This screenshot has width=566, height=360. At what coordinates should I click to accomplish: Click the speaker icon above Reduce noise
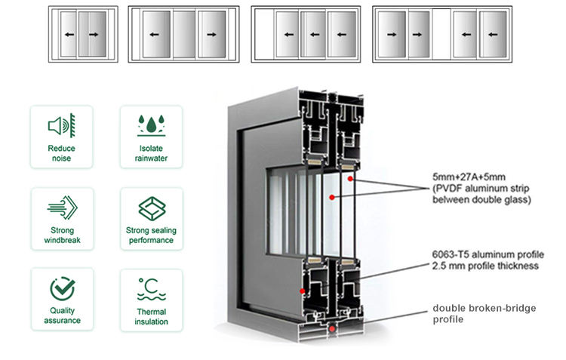61,125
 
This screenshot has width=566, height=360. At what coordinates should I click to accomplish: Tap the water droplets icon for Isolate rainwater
151,125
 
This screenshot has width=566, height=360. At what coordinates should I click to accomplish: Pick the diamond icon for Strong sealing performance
151,207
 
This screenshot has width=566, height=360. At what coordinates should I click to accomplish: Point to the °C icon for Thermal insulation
151,288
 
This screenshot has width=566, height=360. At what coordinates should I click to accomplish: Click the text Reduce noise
61,154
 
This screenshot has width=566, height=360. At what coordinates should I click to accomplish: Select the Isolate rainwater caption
151,154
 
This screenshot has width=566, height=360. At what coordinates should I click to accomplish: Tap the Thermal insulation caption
151,317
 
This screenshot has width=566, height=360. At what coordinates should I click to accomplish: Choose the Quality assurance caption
61,317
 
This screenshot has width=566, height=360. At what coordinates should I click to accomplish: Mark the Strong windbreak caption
61,235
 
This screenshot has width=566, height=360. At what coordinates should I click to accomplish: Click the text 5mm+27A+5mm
463,179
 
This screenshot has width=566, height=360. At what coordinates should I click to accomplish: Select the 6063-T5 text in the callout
450,255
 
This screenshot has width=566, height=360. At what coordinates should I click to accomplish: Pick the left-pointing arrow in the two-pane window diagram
69,35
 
